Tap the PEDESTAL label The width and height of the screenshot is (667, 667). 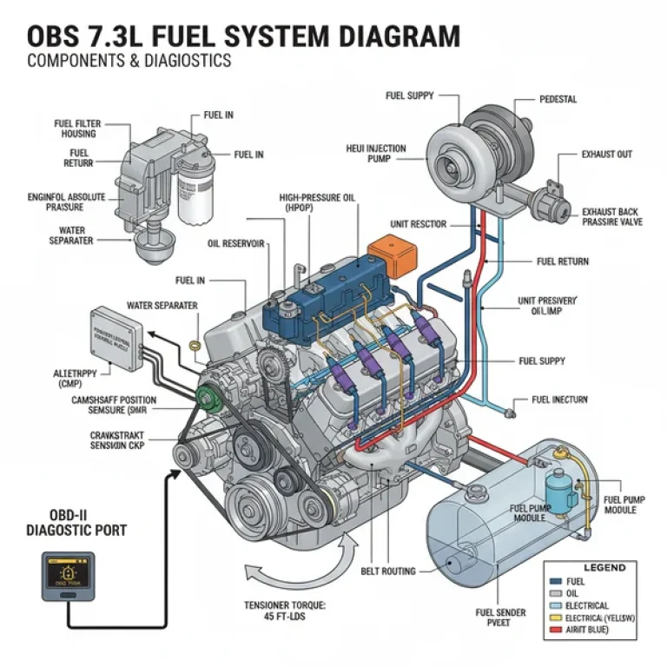click(x=558, y=99)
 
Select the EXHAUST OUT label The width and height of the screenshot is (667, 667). click(x=607, y=155)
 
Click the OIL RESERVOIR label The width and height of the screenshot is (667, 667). click(x=237, y=243)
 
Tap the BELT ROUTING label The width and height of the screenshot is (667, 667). click(x=387, y=571)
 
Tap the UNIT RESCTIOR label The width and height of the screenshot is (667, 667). click(x=418, y=224)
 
